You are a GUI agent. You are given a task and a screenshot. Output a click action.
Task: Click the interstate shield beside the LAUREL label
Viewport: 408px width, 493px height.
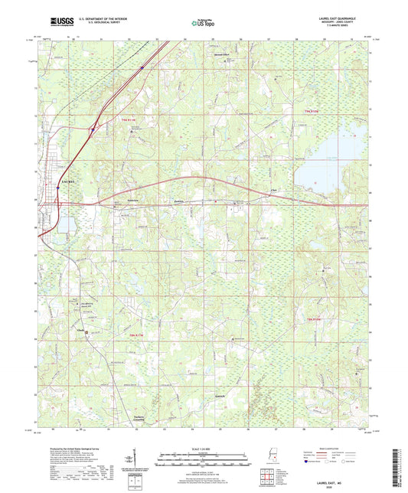tap(58, 186)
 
